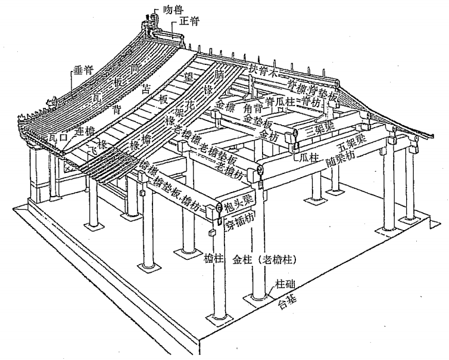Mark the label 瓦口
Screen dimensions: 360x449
click(x=59, y=138)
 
